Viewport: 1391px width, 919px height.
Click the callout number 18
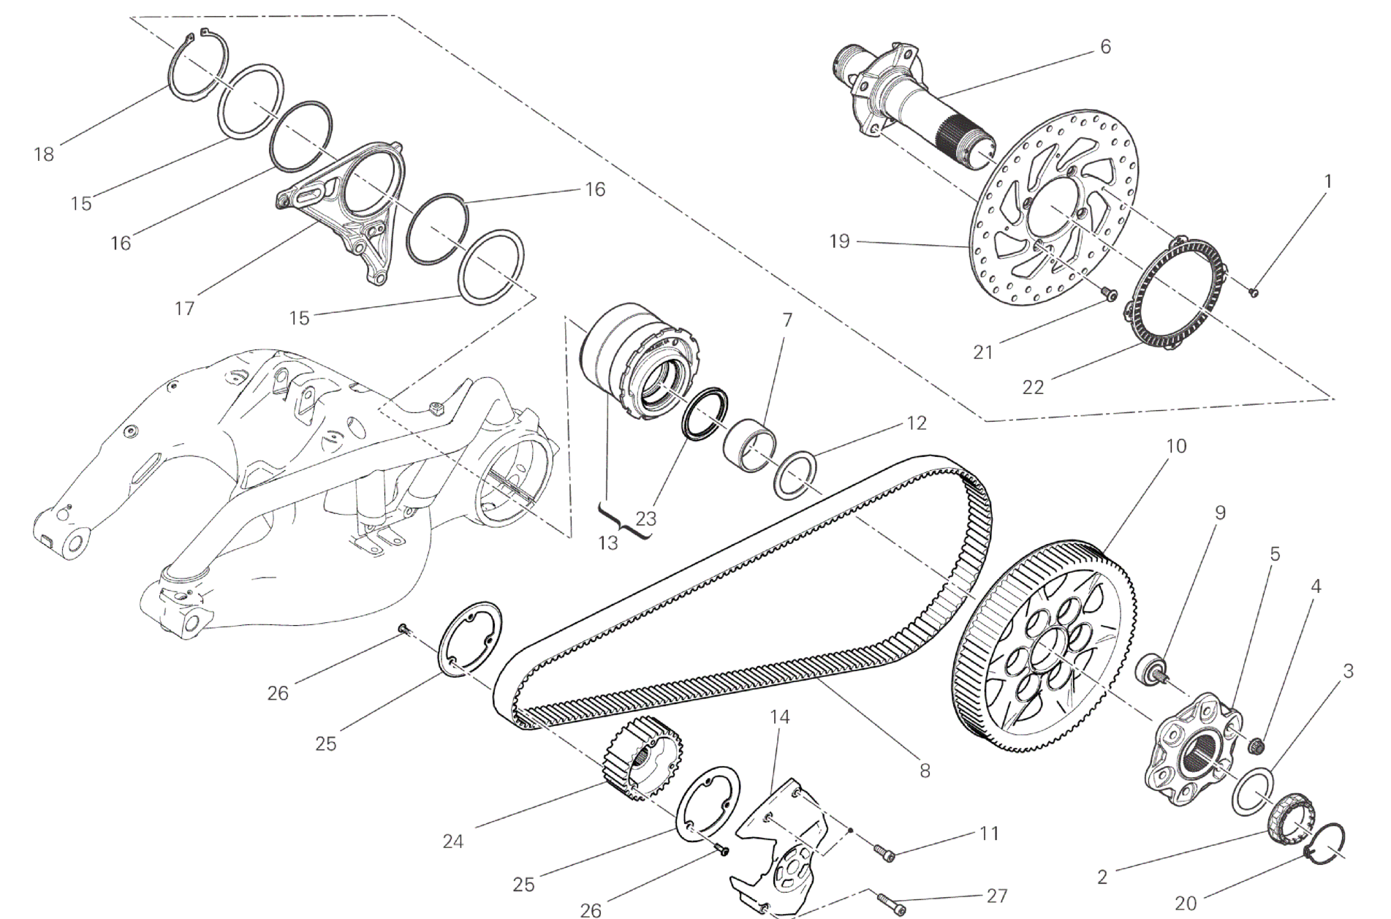click(x=45, y=154)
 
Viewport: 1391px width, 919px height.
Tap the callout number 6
click(x=1105, y=47)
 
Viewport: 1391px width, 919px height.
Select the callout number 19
click(x=840, y=241)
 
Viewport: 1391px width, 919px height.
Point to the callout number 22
click(x=1033, y=387)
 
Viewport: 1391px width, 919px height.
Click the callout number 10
click(x=1176, y=445)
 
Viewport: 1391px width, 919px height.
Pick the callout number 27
click(x=997, y=896)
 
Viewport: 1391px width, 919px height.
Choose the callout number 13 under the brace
click(x=607, y=543)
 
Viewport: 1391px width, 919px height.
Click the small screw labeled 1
click(x=1253, y=293)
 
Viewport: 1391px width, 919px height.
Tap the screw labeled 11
click(x=884, y=852)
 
